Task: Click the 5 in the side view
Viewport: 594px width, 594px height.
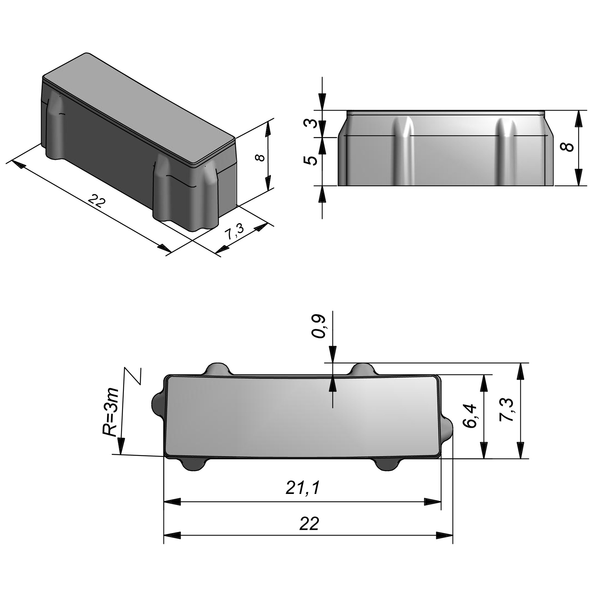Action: tap(311, 160)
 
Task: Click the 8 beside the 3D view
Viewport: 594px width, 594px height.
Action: tap(260, 158)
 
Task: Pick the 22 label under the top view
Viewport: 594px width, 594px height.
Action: tap(309, 524)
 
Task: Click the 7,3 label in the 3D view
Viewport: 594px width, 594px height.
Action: tap(234, 232)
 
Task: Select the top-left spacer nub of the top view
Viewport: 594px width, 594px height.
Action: tap(217, 369)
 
